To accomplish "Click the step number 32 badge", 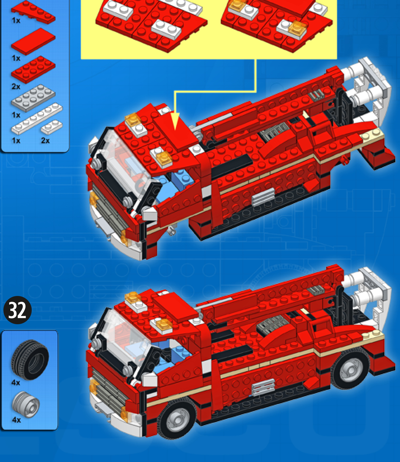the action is [x=18, y=310].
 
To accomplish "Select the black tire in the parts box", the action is [x=30, y=360].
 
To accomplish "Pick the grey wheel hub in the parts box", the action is [x=26, y=404].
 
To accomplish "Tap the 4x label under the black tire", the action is [x=16, y=383].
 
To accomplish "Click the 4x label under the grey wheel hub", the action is [x=16, y=420].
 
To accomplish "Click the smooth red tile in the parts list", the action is [x=33, y=41].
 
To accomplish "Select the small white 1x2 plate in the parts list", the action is [x=52, y=127].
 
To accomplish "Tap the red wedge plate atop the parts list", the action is [x=33, y=12].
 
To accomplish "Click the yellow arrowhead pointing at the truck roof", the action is [x=175, y=121].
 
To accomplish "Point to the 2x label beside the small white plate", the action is [x=45, y=141].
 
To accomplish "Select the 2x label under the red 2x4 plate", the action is [x=16, y=87].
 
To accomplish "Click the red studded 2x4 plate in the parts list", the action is [x=33, y=69].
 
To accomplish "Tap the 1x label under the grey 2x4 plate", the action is [x=16, y=115].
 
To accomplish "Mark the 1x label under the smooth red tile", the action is [x=16, y=58].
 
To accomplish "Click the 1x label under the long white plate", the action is [x=16, y=141].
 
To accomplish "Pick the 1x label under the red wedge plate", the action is [x=16, y=20].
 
